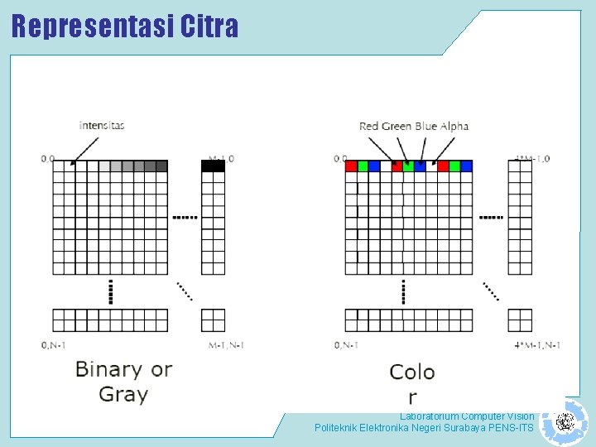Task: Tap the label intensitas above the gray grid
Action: coord(102,125)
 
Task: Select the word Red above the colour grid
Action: coord(368,126)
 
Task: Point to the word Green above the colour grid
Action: coord(397,126)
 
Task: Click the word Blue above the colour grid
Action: coord(426,126)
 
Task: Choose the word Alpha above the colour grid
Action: coord(454,126)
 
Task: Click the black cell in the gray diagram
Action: coord(213,166)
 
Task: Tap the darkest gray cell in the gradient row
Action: coord(161,166)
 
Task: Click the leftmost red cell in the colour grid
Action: coord(351,166)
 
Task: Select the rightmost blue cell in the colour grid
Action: coord(466,166)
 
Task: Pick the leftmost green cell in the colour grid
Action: coord(363,166)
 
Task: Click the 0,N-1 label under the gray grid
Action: coord(55,344)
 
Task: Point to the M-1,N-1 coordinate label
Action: coord(226,344)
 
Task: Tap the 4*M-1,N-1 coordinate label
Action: coord(537,344)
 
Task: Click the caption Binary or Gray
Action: coord(123,382)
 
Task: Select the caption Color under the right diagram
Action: coord(412,383)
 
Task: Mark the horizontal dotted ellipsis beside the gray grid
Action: coord(185,217)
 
